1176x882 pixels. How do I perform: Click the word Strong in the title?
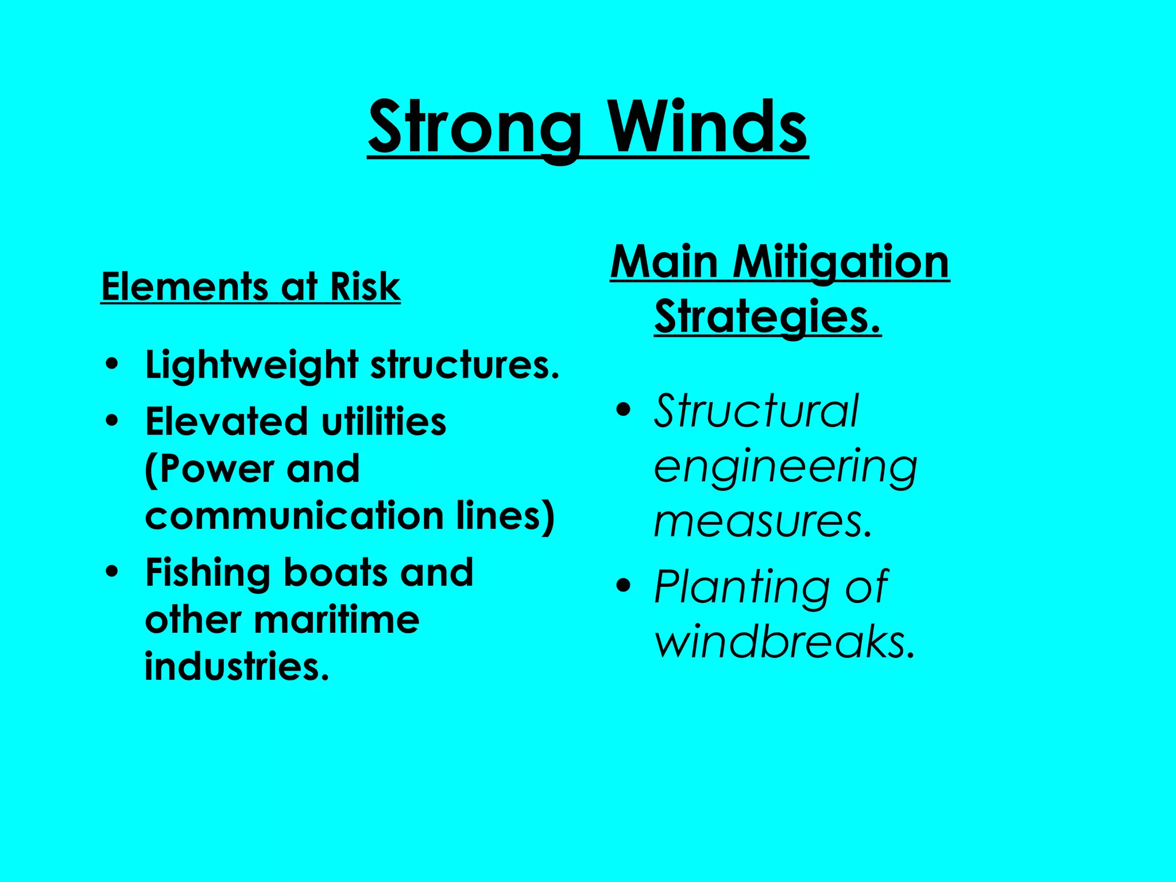(x=474, y=127)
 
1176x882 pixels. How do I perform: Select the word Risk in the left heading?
(x=365, y=287)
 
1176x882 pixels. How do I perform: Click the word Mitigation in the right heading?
(x=841, y=263)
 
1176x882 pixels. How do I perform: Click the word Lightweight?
(x=252, y=366)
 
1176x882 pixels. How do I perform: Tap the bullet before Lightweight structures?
(x=113, y=365)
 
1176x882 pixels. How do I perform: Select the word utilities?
(x=383, y=421)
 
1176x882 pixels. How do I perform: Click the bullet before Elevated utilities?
(x=113, y=421)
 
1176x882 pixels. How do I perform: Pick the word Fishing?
(x=207, y=573)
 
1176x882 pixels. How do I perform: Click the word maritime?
(x=336, y=620)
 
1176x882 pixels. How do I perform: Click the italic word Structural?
(x=756, y=411)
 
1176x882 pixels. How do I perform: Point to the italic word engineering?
(x=785, y=467)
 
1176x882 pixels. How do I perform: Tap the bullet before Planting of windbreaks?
(x=623, y=586)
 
